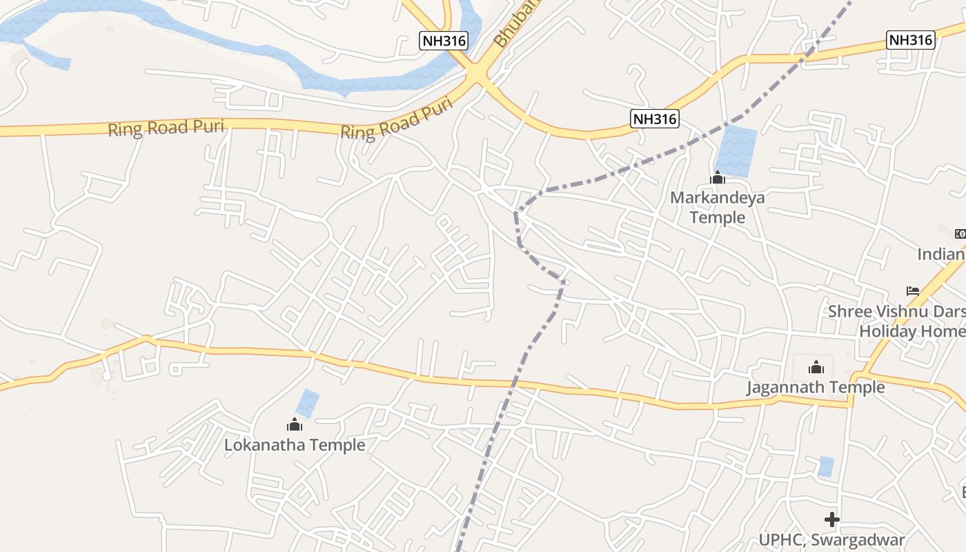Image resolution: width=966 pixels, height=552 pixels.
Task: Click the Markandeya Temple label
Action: click(x=718, y=208)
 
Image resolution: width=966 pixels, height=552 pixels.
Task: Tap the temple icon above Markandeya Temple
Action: click(x=718, y=179)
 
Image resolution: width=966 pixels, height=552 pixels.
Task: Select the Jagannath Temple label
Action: click(x=816, y=387)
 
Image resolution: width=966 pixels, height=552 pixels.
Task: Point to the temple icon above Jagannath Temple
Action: click(x=816, y=366)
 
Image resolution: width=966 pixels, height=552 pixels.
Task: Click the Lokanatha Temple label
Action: click(x=295, y=445)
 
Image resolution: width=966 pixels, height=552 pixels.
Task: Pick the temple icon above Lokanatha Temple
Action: click(x=295, y=424)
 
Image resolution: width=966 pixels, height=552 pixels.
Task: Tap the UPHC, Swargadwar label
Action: click(x=831, y=540)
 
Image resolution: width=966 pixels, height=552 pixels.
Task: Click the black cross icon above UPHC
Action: click(x=832, y=519)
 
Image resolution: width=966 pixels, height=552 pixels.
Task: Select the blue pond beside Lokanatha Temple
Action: click(x=308, y=404)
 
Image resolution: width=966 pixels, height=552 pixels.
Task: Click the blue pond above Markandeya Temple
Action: click(x=737, y=151)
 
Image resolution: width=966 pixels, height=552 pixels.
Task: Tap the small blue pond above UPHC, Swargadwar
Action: click(x=826, y=466)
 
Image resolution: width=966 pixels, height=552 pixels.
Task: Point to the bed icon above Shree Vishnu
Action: click(x=913, y=291)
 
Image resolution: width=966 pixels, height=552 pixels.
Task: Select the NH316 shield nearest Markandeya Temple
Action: click(x=655, y=119)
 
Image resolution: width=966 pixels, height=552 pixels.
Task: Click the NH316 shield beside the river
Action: click(x=444, y=41)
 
